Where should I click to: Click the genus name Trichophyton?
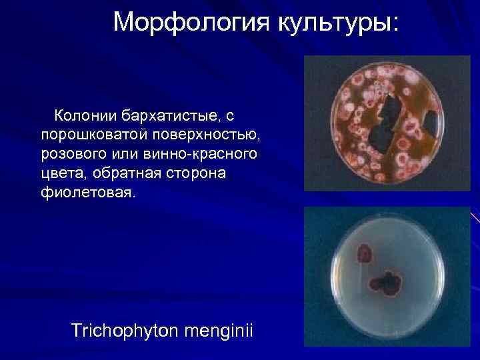pyautogui.click(x=128, y=331)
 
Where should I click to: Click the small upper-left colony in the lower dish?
pyautogui.click(x=365, y=254)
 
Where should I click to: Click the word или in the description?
pyautogui.click(x=133, y=155)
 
